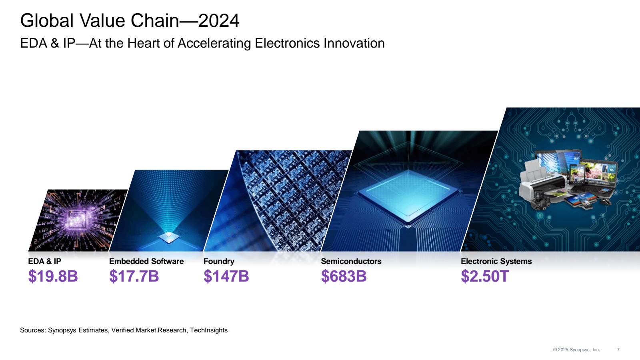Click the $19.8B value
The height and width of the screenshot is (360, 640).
(53, 276)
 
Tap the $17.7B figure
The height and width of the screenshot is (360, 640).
(134, 276)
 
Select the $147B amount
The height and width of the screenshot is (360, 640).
(226, 276)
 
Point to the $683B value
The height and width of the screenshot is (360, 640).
(344, 276)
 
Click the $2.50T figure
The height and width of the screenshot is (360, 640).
(485, 276)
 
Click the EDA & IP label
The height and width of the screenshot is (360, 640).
(44, 261)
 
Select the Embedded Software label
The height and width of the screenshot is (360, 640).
(146, 261)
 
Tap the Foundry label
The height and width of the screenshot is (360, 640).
(219, 261)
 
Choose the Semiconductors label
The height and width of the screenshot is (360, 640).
(351, 261)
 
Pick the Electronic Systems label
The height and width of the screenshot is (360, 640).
(496, 261)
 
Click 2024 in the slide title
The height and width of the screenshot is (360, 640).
(218, 21)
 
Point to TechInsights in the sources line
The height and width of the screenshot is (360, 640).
(208, 330)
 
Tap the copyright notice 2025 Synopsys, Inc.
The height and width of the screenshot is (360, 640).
(576, 350)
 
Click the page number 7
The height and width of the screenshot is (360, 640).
(618, 350)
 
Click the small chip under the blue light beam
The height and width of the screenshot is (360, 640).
(169, 237)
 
